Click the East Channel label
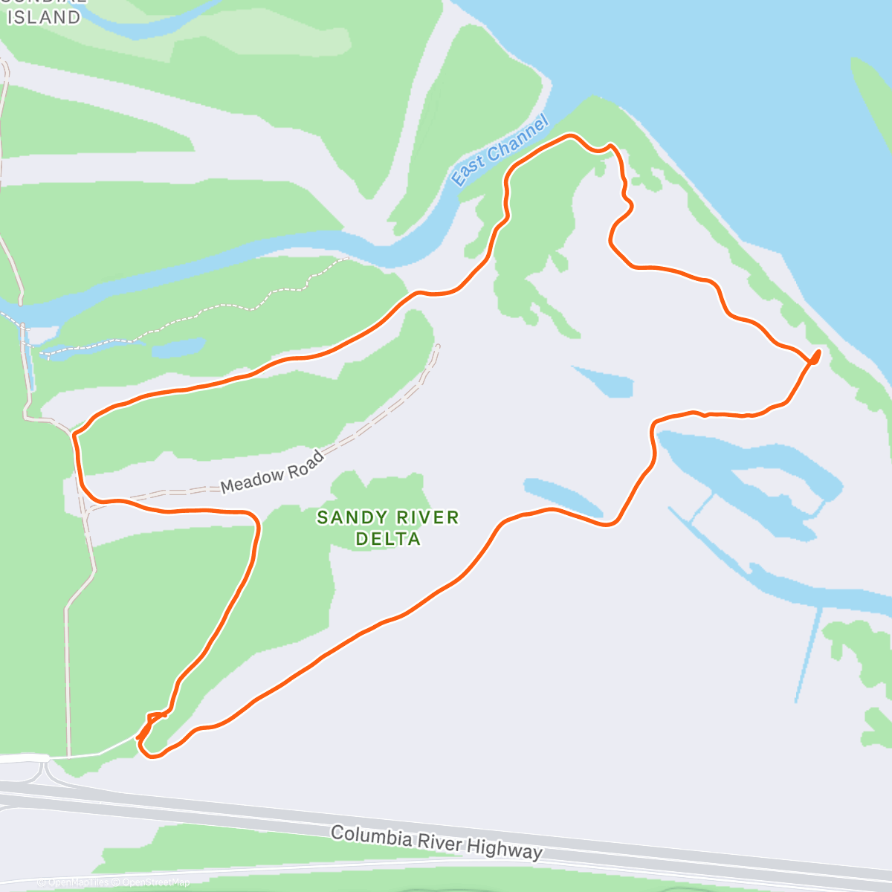click(x=500, y=152)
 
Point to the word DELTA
click(x=388, y=538)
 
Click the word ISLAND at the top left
click(x=44, y=17)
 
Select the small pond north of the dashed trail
click(x=178, y=348)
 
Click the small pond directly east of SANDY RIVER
click(x=563, y=497)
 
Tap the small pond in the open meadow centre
click(x=604, y=381)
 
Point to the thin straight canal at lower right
click(x=807, y=654)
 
